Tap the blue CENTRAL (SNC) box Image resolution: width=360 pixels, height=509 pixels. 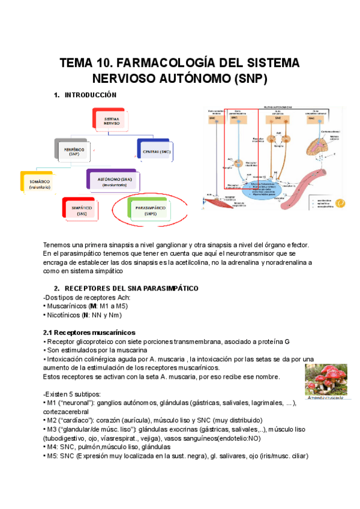point(158,151)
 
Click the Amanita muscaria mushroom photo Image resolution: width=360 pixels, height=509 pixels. point(325,381)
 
